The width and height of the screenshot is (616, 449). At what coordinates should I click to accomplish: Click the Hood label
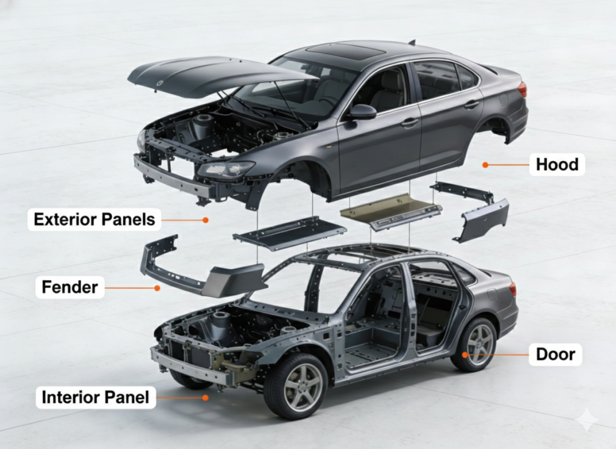(x=557, y=164)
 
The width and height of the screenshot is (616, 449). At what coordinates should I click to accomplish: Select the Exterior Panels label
(x=94, y=219)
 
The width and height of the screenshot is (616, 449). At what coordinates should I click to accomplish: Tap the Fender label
(x=70, y=287)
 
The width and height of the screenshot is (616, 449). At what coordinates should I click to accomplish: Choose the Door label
(x=555, y=355)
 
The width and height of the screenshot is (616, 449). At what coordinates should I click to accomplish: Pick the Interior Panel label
(x=96, y=397)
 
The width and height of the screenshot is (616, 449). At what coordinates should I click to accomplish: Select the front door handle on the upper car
(x=410, y=122)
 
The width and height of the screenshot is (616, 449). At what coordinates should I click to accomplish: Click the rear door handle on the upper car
(x=472, y=104)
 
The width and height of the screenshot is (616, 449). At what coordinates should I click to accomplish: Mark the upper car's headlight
(x=226, y=169)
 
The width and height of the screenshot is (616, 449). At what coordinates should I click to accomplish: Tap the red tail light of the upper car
(x=522, y=90)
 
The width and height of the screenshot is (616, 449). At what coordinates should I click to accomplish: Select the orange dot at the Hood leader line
(x=485, y=164)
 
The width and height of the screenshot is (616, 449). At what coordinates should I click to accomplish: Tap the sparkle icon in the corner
(x=586, y=420)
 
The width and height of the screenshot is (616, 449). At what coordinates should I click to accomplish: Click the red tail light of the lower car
(x=513, y=289)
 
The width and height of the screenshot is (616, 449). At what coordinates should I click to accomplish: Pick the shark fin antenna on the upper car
(x=412, y=42)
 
